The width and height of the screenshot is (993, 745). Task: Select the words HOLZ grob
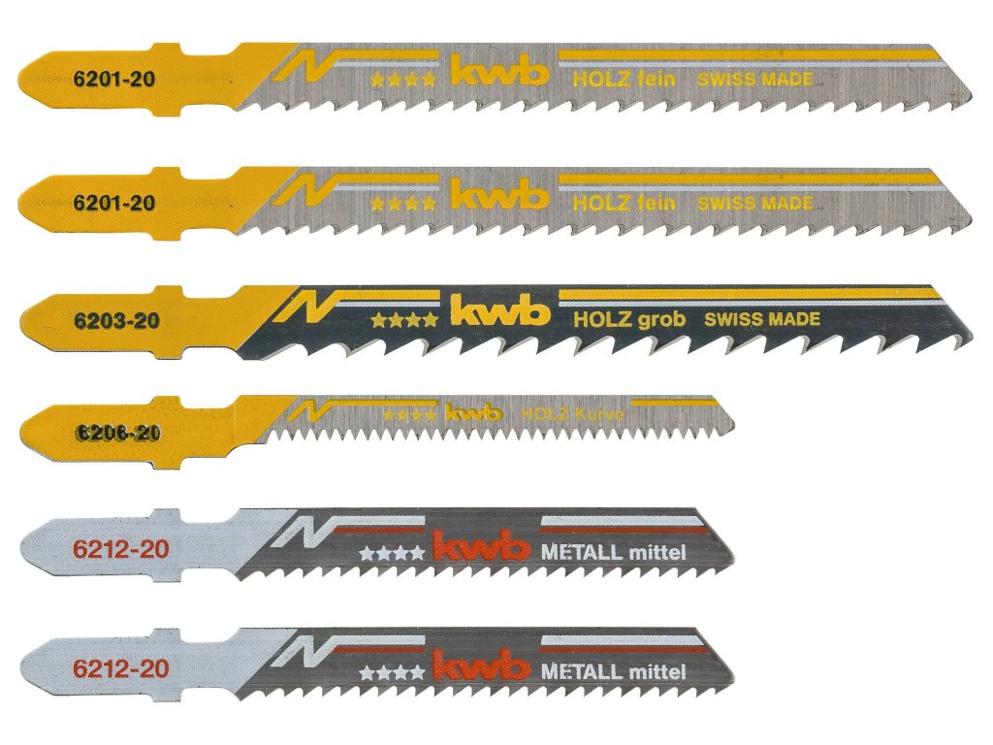629,319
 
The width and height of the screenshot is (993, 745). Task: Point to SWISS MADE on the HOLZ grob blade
761,319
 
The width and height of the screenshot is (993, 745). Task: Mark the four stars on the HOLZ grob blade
403,319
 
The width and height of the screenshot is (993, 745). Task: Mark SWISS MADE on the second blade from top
754,204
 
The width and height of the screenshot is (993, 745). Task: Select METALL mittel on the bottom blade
613,671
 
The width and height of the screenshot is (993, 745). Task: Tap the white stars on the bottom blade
392,671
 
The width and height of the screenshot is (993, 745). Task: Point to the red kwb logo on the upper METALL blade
481,549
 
